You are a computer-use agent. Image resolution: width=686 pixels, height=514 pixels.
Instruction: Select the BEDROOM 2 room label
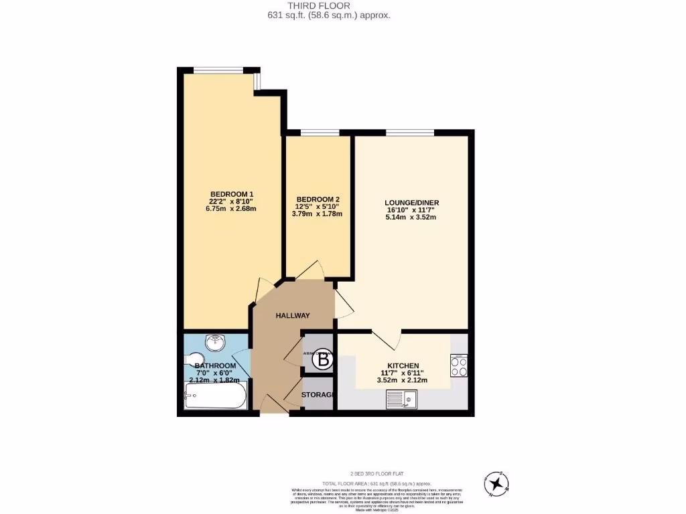pyautogui.click(x=318, y=199)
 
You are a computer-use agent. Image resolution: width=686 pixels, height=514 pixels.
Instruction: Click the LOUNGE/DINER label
pyautogui.click(x=411, y=203)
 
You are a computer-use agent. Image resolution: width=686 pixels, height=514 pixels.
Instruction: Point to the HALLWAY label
pyautogui.click(x=293, y=316)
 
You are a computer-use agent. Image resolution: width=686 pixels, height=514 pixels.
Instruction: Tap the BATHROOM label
pyautogui.click(x=214, y=366)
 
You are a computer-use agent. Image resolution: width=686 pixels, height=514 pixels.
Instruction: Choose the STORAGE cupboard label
pyautogui.click(x=318, y=395)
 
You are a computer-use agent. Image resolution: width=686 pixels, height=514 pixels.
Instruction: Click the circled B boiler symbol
pyautogui.click(x=323, y=360)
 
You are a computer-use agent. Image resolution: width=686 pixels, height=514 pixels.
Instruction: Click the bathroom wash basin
pyautogui.click(x=215, y=343)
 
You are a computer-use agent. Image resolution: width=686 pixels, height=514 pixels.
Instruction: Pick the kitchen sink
pyautogui.click(x=402, y=400)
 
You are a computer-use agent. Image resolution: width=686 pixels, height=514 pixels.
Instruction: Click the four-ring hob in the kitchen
pyautogui.click(x=459, y=366)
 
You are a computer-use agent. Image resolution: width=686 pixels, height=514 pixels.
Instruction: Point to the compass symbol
pyautogui.click(x=497, y=482)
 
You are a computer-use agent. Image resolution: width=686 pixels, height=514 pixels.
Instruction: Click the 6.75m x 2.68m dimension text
pyautogui.click(x=232, y=209)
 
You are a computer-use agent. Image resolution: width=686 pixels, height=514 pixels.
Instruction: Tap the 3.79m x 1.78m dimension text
pyautogui.click(x=318, y=214)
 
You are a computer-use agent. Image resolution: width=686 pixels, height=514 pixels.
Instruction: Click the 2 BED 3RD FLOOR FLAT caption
pyautogui.click(x=376, y=473)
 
